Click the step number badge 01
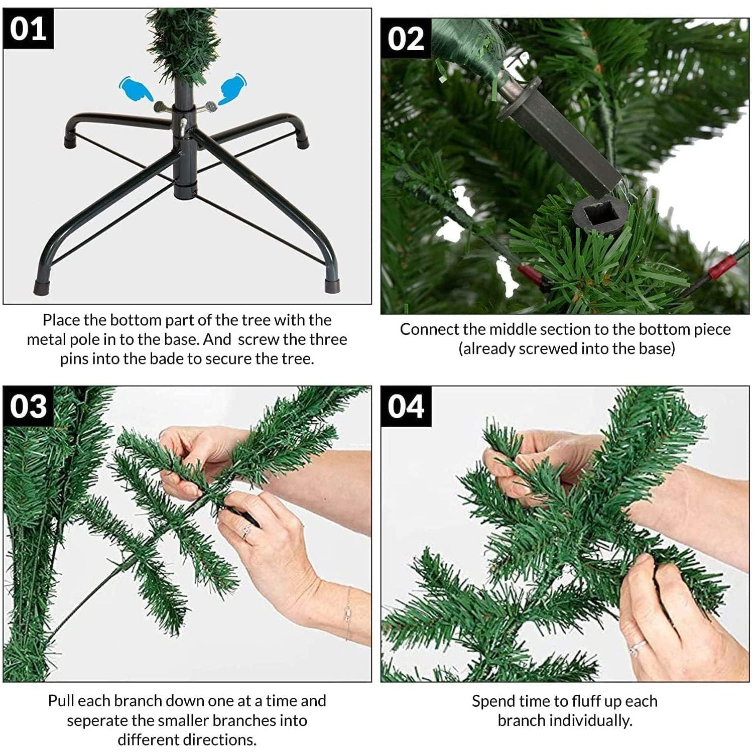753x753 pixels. point(28,29)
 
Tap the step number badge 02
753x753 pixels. point(406,39)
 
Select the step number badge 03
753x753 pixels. point(28,407)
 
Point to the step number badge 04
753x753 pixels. point(406,407)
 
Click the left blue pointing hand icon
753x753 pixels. point(135,89)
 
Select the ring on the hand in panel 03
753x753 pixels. point(246,531)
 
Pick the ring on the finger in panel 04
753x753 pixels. point(636,648)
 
